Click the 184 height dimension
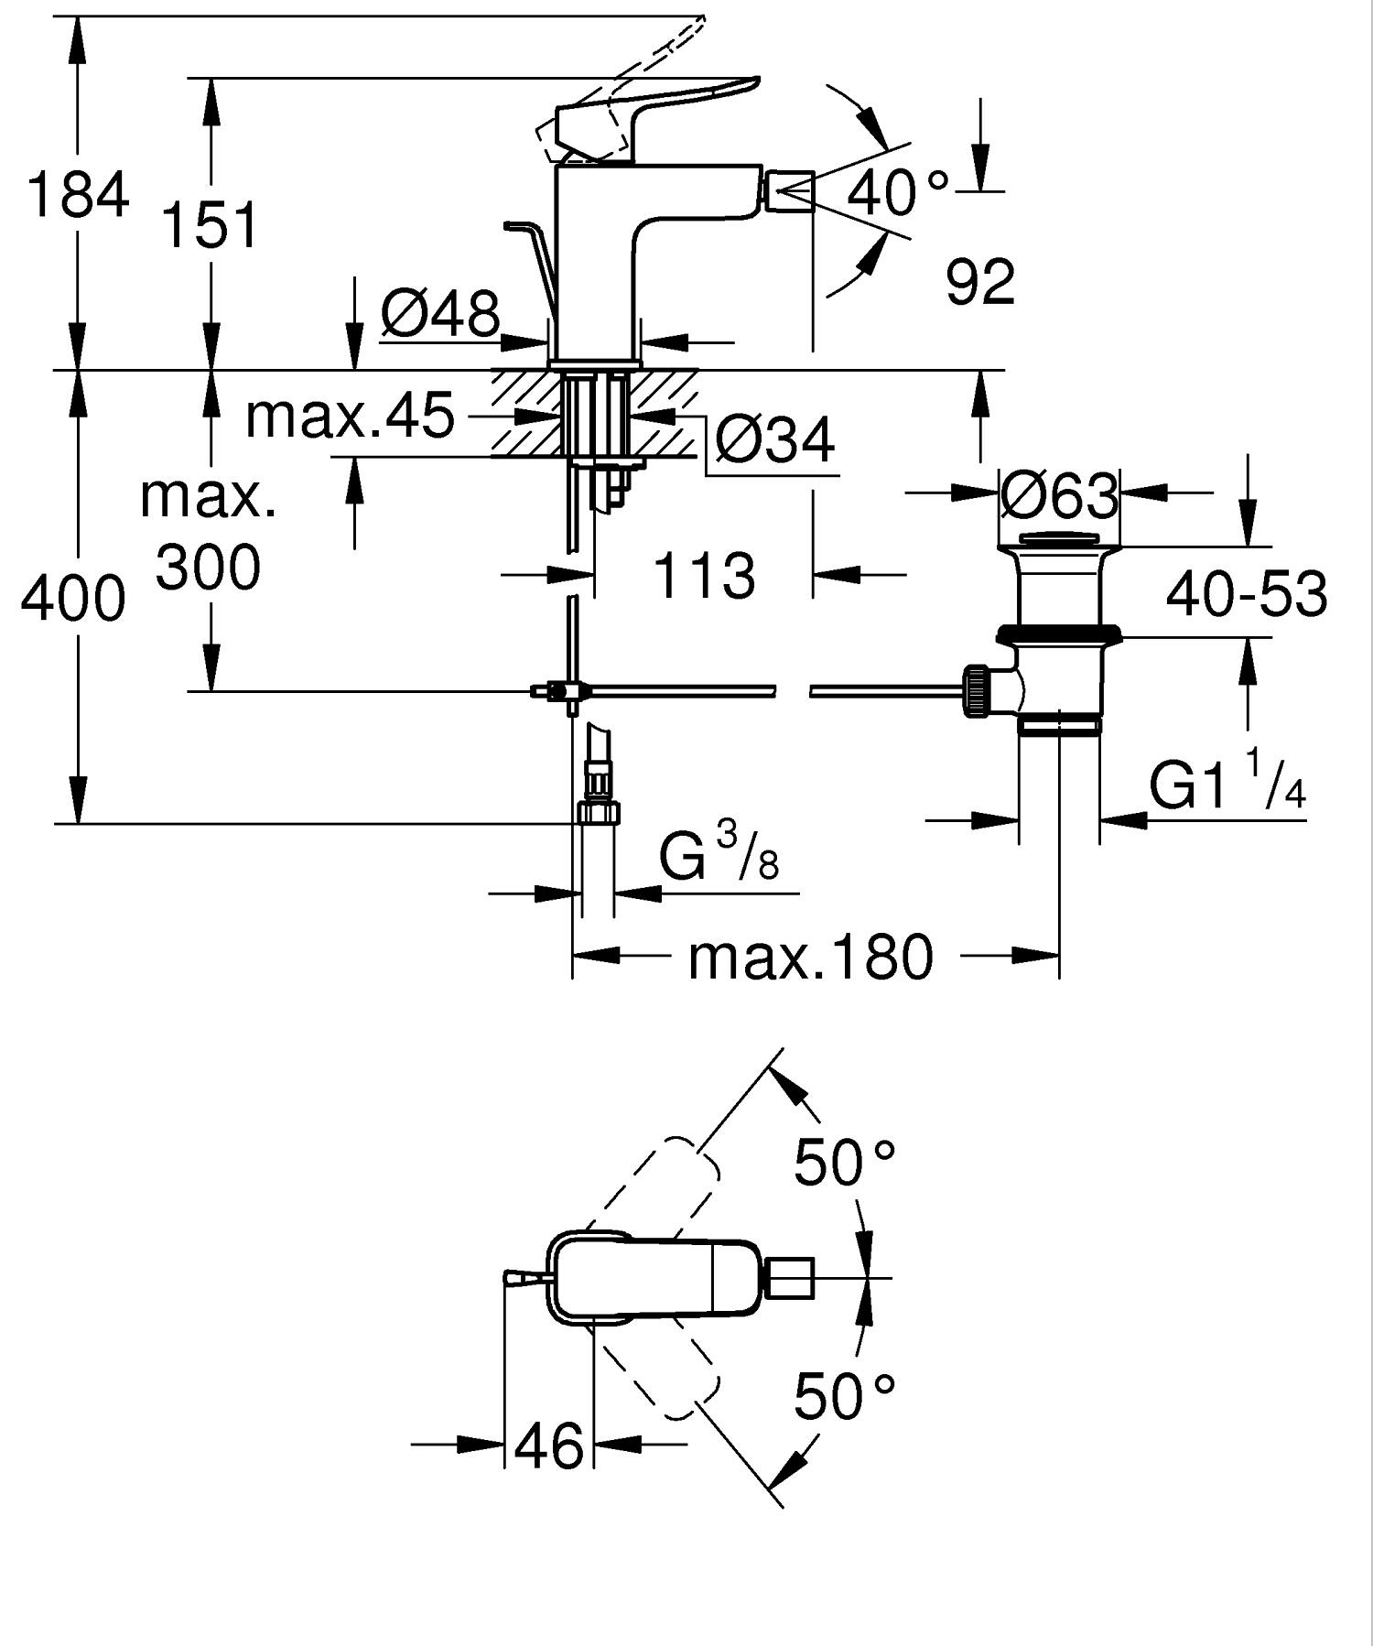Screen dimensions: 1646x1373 [x=78, y=195]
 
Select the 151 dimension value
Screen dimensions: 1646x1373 [x=211, y=225]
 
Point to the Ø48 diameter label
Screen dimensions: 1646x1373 [x=440, y=313]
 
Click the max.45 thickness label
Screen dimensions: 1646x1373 [x=350, y=415]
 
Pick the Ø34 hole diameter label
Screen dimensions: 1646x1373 [x=774, y=440]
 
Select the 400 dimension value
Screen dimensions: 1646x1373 [x=73, y=600]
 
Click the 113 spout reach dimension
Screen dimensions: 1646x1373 [x=703, y=576]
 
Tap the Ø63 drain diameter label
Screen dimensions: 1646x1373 [x=1059, y=495]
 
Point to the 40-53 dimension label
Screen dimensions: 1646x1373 [x=1246, y=593]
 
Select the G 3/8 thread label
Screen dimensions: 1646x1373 [x=719, y=855]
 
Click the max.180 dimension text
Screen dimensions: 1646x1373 [x=810, y=958]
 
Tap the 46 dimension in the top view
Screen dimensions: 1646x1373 [x=548, y=1446]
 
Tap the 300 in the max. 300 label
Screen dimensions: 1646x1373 [x=208, y=568]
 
